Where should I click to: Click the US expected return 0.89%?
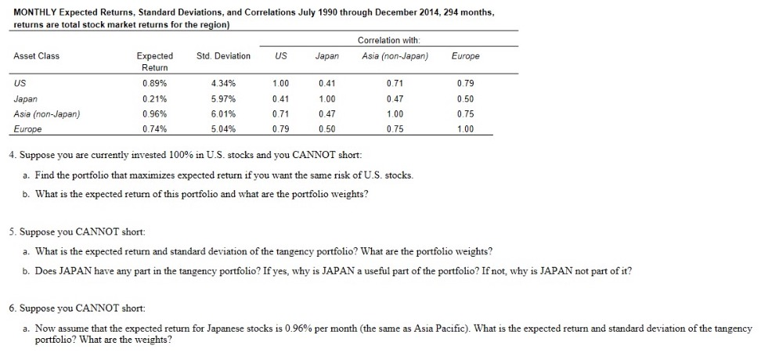(x=154, y=83)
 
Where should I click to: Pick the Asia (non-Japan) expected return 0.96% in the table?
(x=154, y=114)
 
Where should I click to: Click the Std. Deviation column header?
(x=223, y=56)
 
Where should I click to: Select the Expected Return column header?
(x=155, y=61)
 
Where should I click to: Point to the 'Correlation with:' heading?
(x=388, y=39)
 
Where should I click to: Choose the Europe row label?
(x=27, y=129)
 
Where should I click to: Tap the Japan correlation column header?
(x=326, y=56)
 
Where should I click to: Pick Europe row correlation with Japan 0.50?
(x=326, y=129)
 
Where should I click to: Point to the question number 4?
(x=12, y=155)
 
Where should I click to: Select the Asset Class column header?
(x=37, y=56)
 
